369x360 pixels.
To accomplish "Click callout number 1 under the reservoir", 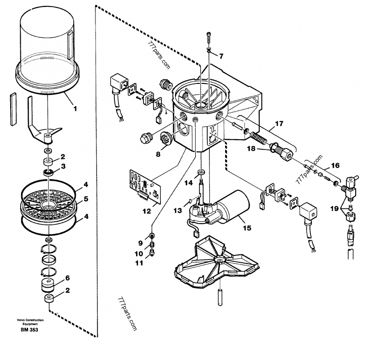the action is [75, 108].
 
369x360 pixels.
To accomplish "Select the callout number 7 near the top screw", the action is [221, 56].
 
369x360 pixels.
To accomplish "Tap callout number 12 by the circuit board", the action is [147, 211].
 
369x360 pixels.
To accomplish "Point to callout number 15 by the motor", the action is [247, 228].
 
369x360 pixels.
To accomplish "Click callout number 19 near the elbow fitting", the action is [334, 208].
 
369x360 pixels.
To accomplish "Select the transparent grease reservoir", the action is [48, 51].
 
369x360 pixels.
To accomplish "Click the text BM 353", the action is [29, 330].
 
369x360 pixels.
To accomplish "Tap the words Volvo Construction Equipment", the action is [30, 322].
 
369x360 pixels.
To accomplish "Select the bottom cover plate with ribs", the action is [216, 262].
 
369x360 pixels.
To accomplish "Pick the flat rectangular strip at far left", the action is [13, 109].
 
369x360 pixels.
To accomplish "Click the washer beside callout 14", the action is [201, 172].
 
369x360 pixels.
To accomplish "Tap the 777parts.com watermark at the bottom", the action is [127, 314].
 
